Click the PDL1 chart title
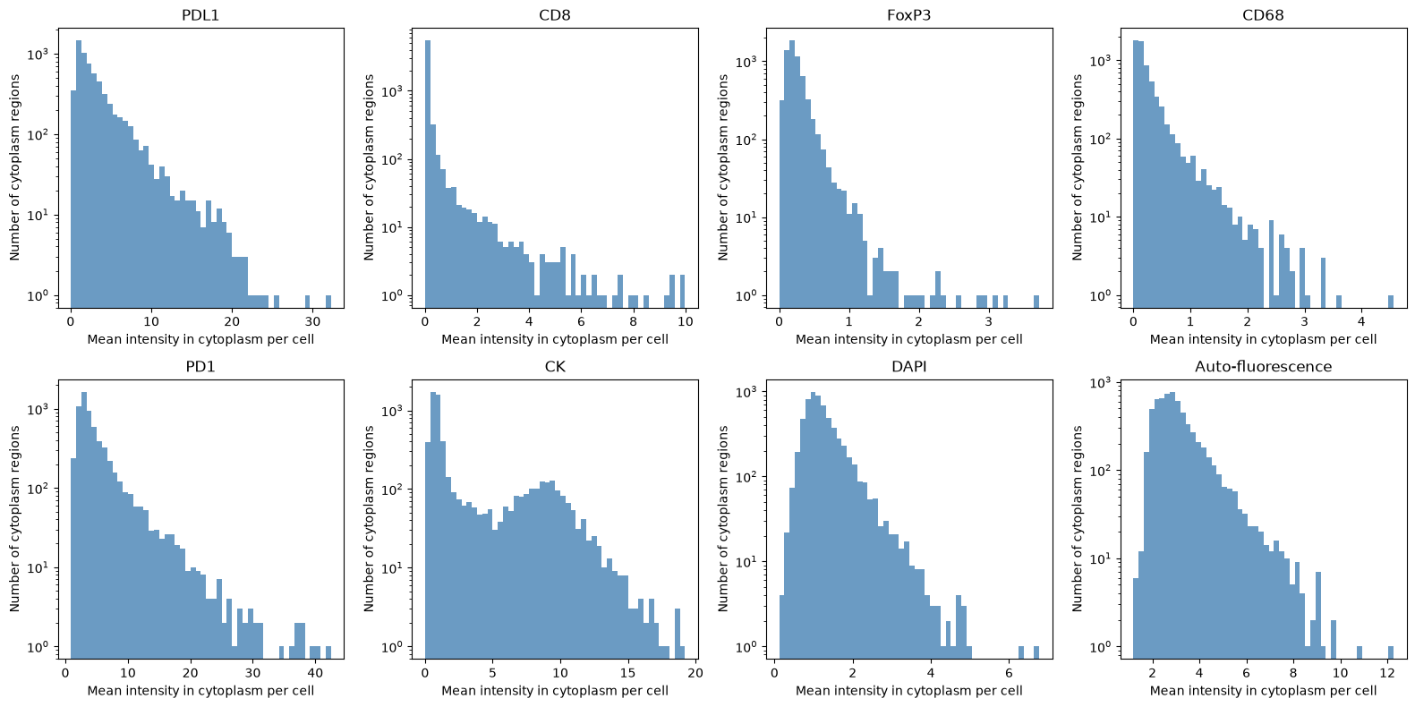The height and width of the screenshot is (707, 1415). pyautogui.click(x=200, y=15)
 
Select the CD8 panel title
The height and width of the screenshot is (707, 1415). pyautogui.click(x=555, y=15)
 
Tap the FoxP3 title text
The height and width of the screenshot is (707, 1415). pyautogui.click(x=909, y=15)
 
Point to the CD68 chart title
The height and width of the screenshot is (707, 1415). pyautogui.click(x=1263, y=15)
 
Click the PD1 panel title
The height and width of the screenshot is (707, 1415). pyautogui.click(x=200, y=367)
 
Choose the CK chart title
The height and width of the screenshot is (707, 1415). pyautogui.click(x=555, y=367)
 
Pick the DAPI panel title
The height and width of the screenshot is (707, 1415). pyautogui.click(x=909, y=367)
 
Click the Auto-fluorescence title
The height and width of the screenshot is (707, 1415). pyautogui.click(x=1263, y=367)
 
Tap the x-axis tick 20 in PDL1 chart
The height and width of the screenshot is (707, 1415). pyautogui.click(x=232, y=321)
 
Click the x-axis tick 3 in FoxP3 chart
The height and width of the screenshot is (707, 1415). pyautogui.click(x=989, y=321)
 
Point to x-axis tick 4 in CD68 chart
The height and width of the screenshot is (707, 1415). pyautogui.click(x=1362, y=321)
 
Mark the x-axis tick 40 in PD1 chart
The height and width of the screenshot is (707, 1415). pyautogui.click(x=314, y=674)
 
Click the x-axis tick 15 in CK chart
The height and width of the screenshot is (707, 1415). pyautogui.click(x=628, y=674)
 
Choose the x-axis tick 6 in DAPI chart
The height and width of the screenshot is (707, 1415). pyautogui.click(x=1009, y=674)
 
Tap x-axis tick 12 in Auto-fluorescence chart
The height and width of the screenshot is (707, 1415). pyautogui.click(x=1386, y=674)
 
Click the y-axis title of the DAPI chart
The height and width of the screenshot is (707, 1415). pyautogui.click(x=723, y=518)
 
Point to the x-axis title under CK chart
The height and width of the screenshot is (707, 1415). pyautogui.click(x=555, y=691)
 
